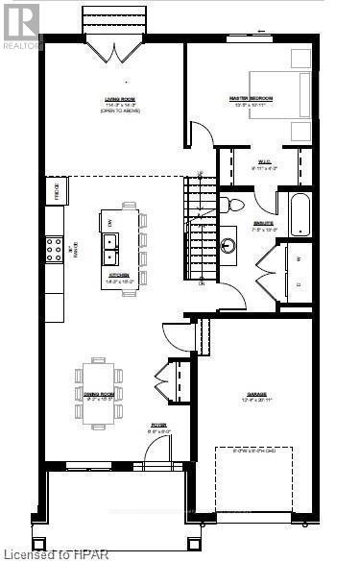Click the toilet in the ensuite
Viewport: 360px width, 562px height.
click(x=232, y=204)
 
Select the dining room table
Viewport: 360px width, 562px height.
click(x=98, y=388)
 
